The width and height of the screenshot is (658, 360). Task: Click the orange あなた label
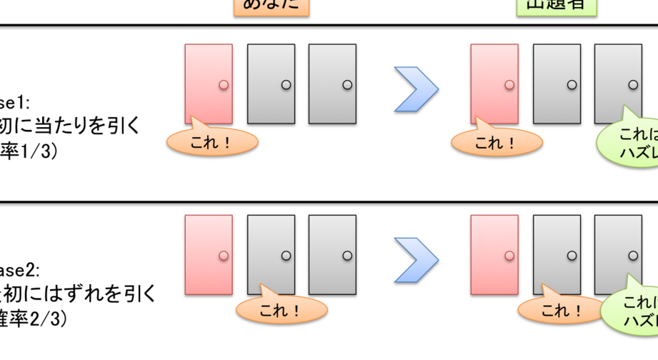pos(271,6)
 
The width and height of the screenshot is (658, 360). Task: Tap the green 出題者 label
pos(556,6)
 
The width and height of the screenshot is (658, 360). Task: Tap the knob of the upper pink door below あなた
pos(224,85)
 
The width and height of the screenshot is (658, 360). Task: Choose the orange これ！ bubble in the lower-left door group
pos(281,310)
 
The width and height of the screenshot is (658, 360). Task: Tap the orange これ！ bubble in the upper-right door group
pos(497,142)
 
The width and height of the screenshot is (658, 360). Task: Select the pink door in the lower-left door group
pos(208,254)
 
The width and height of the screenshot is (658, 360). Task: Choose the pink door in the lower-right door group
pos(494,254)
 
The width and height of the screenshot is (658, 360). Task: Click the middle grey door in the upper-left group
pos(271,84)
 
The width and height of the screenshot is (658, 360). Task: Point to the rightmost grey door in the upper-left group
pos(332,84)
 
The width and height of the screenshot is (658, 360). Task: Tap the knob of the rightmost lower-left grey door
pos(347,256)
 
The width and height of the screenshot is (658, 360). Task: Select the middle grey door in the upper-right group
pos(557,84)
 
